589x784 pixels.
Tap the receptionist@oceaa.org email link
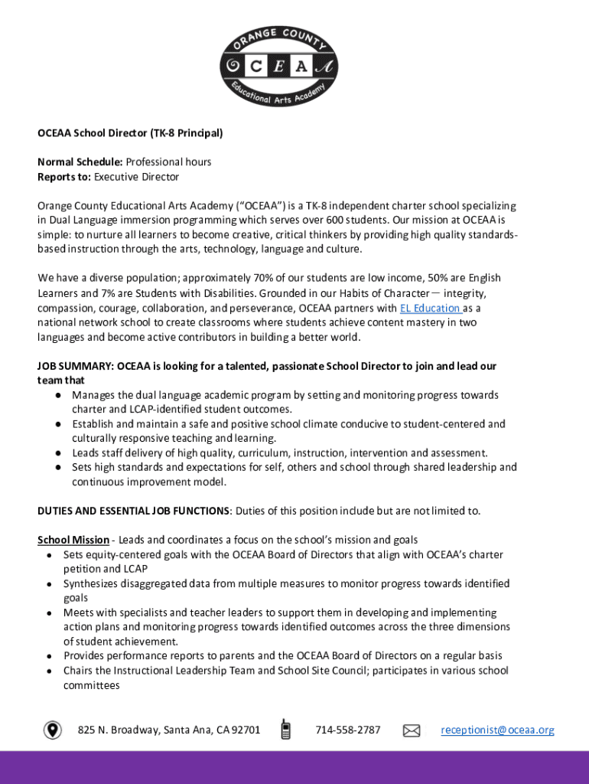pyautogui.click(x=497, y=730)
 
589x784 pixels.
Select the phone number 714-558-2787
pyautogui.click(x=347, y=730)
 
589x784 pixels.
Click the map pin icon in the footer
pyautogui.click(x=53, y=730)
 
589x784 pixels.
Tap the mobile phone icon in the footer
pyautogui.click(x=285, y=730)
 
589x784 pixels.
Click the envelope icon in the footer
pyautogui.click(x=412, y=730)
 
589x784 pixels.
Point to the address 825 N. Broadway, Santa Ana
pyautogui.click(x=168, y=730)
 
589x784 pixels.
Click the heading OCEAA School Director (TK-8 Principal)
pyautogui.click(x=130, y=133)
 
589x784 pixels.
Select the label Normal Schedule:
pyautogui.click(x=80, y=162)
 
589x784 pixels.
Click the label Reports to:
pyautogui.click(x=64, y=177)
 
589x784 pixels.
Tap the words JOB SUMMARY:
pyautogui.click(x=76, y=366)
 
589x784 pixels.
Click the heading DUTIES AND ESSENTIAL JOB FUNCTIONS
pyautogui.click(x=133, y=511)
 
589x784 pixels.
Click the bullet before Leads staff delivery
pyautogui.click(x=58, y=453)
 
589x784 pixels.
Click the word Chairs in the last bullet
pyautogui.click(x=79, y=671)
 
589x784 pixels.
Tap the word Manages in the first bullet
pyautogui.click(x=94, y=395)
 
